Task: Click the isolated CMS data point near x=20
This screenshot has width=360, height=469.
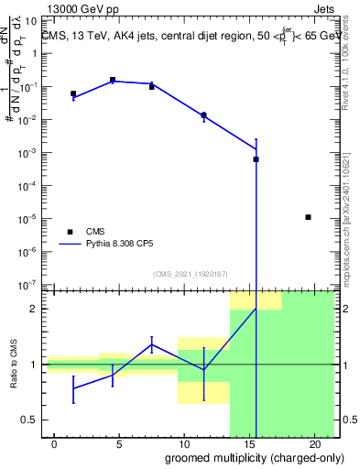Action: click(x=309, y=217)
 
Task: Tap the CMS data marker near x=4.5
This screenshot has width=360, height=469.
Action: click(x=113, y=81)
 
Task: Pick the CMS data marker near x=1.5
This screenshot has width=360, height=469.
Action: click(x=73, y=93)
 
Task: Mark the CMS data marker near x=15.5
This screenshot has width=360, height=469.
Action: click(x=256, y=159)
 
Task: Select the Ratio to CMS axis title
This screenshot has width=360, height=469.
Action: click(x=14, y=365)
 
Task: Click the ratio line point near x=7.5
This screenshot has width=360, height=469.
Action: click(x=152, y=345)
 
